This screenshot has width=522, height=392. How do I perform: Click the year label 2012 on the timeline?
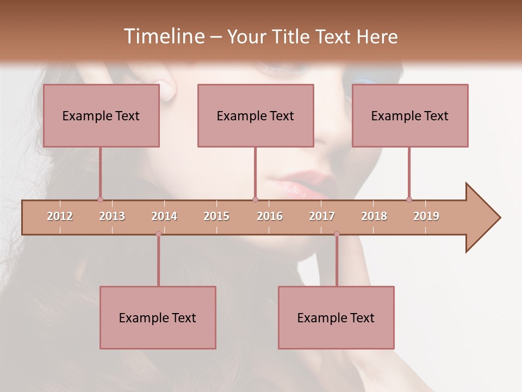pos(60,216)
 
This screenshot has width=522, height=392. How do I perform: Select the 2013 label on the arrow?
pos(112,216)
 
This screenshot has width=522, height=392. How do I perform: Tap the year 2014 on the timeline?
pos(164,216)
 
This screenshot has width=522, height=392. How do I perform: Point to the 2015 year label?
pos(216,216)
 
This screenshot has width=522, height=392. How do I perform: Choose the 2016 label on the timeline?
pos(270,216)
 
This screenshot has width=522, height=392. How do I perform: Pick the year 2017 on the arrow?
pos(322,216)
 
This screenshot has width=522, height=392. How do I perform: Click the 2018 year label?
pos(374,216)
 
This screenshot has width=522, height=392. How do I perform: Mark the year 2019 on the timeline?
pos(426,216)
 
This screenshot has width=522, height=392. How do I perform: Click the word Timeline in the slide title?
pos(163,36)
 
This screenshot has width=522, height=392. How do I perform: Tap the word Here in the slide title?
pos(377,36)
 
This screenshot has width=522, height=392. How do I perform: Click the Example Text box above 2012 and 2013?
pos(101,116)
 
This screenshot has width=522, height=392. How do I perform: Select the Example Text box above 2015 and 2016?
pos(256,116)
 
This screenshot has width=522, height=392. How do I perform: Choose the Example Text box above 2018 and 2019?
pos(410,116)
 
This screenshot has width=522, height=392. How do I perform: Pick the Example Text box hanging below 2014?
pos(158,318)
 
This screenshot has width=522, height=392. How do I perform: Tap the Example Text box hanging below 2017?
pos(336,318)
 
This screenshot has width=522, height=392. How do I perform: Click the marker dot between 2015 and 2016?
pos(255,199)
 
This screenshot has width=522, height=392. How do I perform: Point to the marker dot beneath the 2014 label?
pos(158,234)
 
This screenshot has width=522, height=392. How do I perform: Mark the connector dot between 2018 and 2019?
pos(409,199)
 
